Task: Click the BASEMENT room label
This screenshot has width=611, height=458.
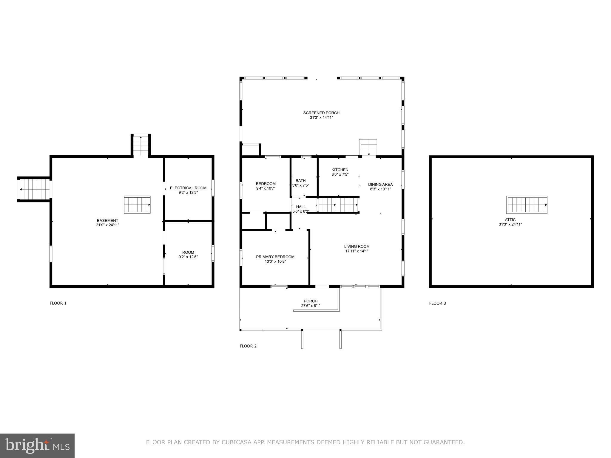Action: point(107,220)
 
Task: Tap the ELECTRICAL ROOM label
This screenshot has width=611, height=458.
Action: point(188,188)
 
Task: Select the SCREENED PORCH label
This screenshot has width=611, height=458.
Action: point(321,113)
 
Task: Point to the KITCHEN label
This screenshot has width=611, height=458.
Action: point(340,170)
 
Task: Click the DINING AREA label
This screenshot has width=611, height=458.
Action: point(380,184)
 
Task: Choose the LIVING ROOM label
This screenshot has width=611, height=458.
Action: point(357,246)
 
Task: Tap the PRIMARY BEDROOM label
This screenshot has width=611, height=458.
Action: point(275,257)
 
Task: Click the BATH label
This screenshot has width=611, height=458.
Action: point(301,180)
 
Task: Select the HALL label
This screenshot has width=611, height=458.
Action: point(301,207)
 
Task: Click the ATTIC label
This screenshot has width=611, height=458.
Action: point(510,220)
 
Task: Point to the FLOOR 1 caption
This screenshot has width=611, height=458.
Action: point(58,303)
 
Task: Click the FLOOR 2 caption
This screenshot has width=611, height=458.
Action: point(248,346)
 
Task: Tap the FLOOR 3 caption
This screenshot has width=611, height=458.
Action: point(438,303)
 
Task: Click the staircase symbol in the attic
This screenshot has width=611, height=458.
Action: point(527,205)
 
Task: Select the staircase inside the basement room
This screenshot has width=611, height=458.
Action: point(137,205)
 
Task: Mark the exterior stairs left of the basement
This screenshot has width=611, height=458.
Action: point(33,189)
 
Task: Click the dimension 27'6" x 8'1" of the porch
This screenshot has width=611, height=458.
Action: point(311,306)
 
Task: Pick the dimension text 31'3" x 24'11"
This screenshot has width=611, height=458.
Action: point(510,225)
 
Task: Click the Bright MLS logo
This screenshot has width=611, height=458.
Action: point(37,445)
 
